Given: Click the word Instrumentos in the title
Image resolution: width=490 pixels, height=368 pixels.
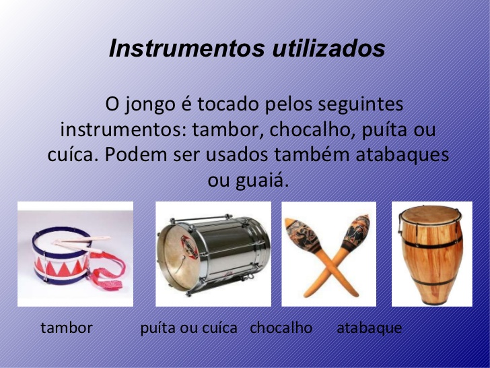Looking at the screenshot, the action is click(x=187, y=49).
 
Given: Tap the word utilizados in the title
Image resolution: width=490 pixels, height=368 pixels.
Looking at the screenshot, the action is click(x=328, y=49).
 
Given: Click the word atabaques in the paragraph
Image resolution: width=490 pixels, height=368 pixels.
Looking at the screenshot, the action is click(x=403, y=155).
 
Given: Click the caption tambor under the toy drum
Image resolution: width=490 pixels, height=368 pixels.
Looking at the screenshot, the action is click(x=67, y=328).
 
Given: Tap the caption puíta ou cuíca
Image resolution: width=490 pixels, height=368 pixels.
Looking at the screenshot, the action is click(x=188, y=329).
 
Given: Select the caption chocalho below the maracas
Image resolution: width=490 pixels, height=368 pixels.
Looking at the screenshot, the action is click(x=281, y=328).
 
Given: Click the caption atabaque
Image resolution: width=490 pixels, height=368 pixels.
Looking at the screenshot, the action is click(x=369, y=329).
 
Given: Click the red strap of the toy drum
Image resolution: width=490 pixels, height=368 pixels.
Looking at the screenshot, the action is click(x=110, y=272).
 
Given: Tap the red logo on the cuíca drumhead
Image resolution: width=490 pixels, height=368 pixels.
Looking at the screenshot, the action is click(x=189, y=247).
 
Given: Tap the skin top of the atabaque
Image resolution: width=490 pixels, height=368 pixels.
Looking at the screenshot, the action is click(x=431, y=214).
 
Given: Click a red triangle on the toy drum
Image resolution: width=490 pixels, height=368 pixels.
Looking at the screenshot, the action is click(x=63, y=269).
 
